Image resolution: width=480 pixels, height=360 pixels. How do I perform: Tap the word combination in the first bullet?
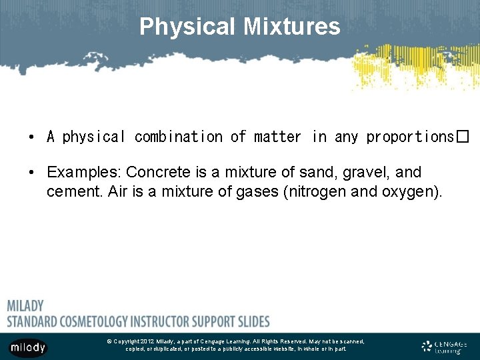coord(179,137)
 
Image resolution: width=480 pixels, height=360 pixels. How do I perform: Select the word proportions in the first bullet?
coord(410,137)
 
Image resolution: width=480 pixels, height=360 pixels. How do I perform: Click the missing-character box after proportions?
coord(463,137)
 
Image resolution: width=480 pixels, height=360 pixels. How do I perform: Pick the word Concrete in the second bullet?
coord(156,173)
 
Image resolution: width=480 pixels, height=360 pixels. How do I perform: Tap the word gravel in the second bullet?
coord(366,173)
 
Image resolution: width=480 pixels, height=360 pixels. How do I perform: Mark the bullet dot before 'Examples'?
coord(32,173)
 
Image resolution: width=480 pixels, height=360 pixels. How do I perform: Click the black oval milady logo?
coord(28,347)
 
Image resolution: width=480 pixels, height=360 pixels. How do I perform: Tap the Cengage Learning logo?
coord(445,347)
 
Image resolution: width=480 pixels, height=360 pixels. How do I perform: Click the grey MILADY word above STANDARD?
coord(25,306)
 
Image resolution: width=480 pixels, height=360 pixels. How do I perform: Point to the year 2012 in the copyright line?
coord(147,341)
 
